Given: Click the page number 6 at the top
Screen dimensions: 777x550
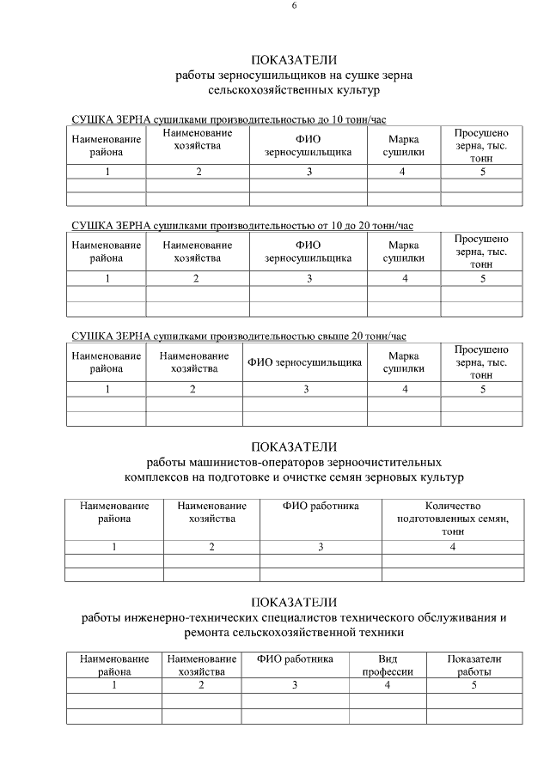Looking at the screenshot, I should click(x=294, y=6).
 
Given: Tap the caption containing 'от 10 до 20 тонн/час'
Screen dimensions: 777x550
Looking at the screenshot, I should click(x=241, y=226).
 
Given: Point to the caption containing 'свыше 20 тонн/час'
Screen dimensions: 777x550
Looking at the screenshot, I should click(x=238, y=336).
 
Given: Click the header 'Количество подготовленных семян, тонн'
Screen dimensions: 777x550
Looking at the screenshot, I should click(x=452, y=519).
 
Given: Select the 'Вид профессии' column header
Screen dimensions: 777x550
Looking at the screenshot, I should click(x=387, y=665).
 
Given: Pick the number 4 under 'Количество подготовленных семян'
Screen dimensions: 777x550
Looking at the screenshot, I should click(x=452, y=546).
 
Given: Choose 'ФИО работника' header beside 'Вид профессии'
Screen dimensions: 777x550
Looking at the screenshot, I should click(x=294, y=659).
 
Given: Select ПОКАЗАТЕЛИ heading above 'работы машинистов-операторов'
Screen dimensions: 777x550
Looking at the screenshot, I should click(x=294, y=446).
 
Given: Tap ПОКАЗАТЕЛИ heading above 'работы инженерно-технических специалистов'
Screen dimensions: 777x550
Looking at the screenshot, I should click(x=294, y=602).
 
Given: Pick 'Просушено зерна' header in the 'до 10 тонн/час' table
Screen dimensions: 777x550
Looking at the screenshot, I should click(x=481, y=145).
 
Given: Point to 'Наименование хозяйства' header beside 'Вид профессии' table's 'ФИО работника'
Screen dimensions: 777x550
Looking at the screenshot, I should click(x=201, y=665).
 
